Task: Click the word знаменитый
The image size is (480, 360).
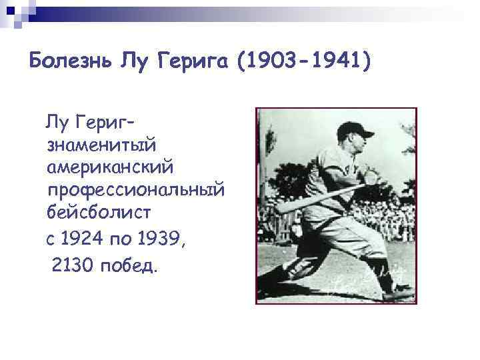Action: (99, 143)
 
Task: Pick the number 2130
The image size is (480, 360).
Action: (72, 266)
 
